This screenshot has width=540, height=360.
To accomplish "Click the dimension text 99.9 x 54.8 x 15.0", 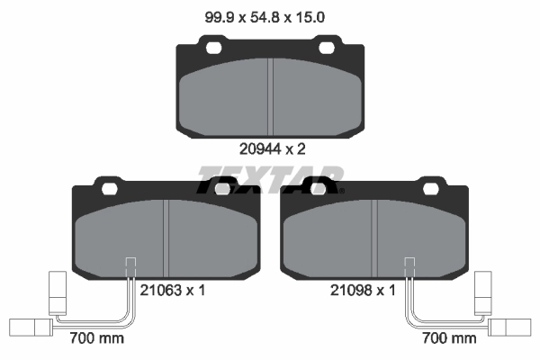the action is [265, 17].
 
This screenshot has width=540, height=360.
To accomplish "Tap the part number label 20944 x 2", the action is [272, 149].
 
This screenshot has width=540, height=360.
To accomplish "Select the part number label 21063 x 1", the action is [172, 291].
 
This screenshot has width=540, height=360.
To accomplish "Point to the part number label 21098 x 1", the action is [363, 291].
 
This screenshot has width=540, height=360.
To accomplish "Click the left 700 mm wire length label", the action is [97, 338].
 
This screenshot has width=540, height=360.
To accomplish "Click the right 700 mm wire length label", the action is [449, 338].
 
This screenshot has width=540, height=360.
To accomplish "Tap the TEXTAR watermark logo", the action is [270, 180].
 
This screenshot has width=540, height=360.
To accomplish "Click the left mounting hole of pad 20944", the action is [213, 48].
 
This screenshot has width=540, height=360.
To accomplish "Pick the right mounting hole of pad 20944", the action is [327, 48].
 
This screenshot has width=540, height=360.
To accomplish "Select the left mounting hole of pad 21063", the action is [110, 188].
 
